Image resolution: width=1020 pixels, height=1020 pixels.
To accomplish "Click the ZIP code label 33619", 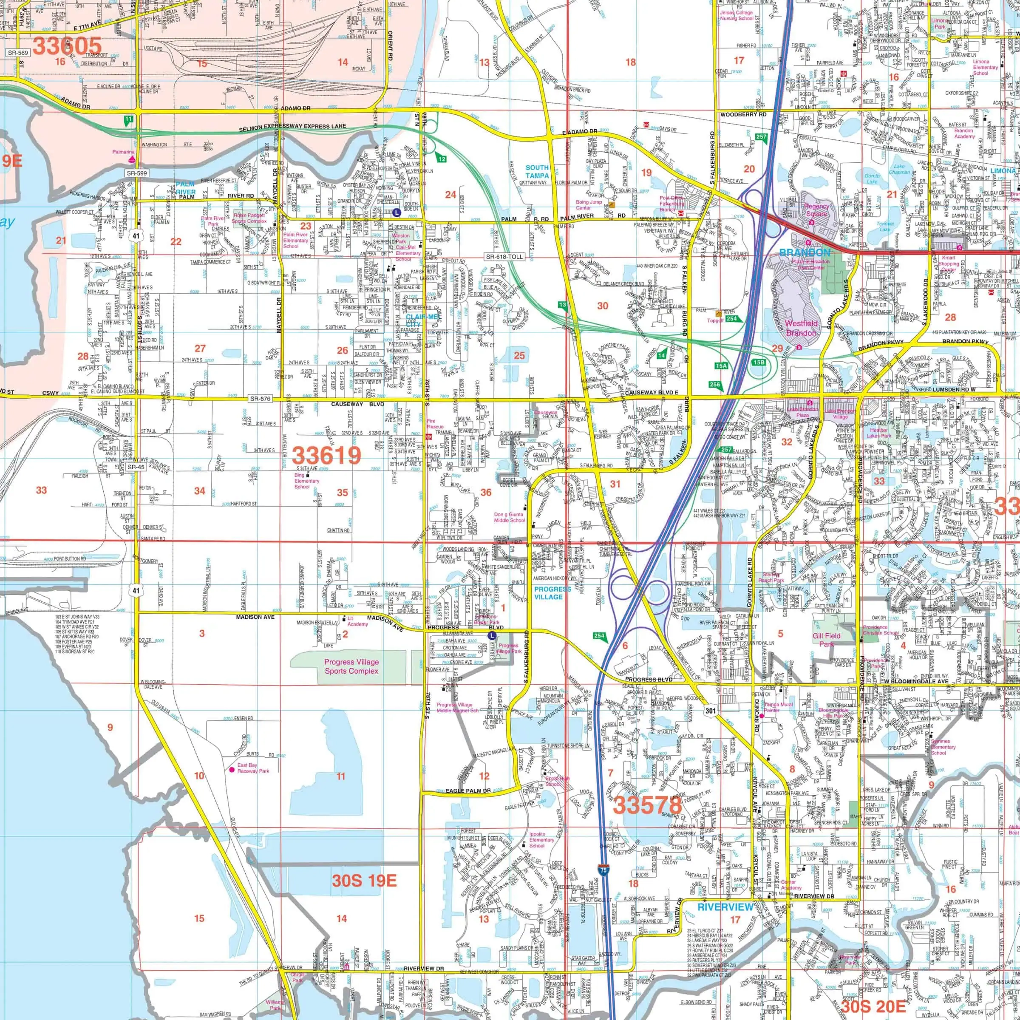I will [326, 455].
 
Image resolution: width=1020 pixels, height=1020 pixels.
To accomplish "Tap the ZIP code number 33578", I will [647, 805].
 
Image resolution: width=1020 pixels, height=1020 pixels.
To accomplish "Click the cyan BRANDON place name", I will [805, 252].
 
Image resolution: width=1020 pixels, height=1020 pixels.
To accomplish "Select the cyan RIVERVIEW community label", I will [725, 907].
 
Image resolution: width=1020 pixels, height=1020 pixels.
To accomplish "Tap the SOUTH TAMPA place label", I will [537, 172].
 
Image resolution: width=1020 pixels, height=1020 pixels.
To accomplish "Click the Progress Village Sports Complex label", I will [351, 666].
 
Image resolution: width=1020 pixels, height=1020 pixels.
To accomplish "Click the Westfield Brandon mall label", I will [801, 328].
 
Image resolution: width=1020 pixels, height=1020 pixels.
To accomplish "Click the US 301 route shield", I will [711, 711].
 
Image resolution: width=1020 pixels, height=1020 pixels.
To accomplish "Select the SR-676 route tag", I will [260, 399].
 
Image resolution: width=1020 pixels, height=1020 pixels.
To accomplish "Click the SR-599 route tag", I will [137, 173].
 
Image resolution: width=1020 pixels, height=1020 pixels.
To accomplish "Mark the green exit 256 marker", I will [715, 384].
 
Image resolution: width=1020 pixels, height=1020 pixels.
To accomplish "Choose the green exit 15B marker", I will [759, 363].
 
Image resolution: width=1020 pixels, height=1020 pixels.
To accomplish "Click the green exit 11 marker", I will [128, 120].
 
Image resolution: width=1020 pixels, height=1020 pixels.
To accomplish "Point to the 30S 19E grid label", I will [364, 880].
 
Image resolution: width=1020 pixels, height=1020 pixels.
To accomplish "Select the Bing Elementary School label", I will [306, 481].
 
